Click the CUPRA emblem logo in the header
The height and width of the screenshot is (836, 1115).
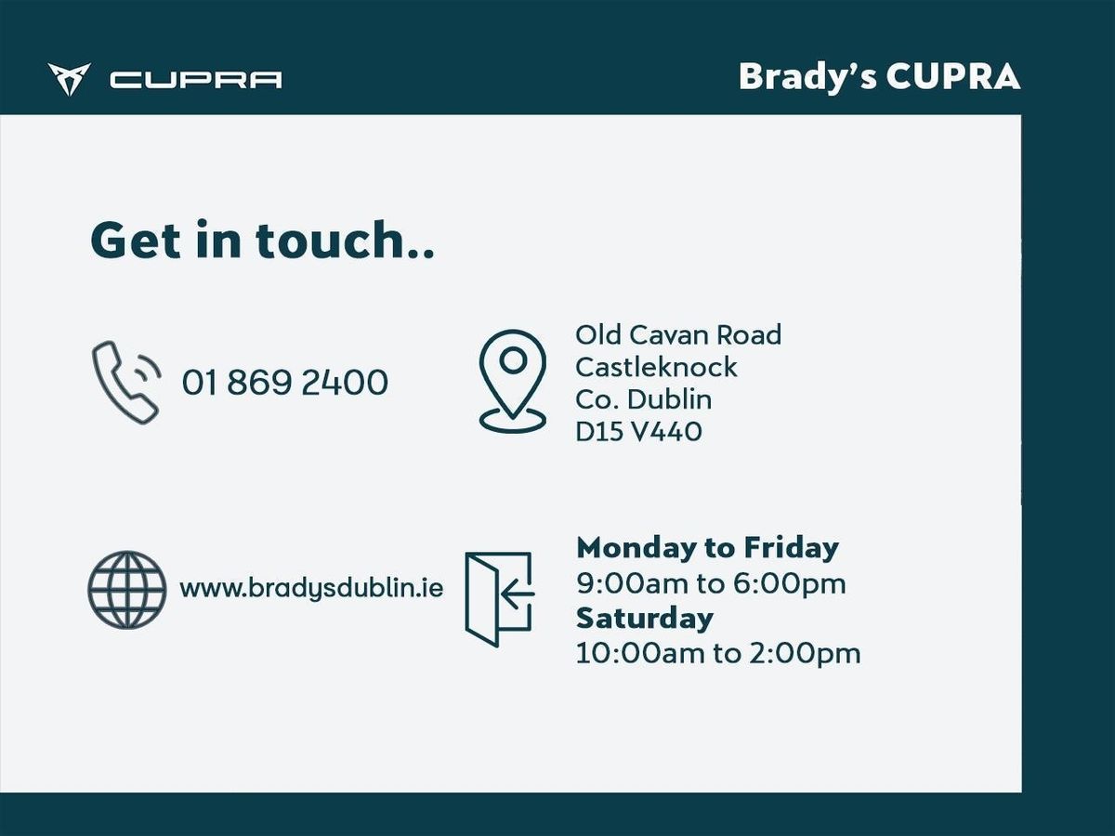click(x=69, y=79)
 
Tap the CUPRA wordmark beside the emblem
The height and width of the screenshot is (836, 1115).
click(x=195, y=80)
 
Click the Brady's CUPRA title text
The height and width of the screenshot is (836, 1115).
click(x=879, y=78)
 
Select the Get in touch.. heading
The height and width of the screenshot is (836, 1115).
click(x=262, y=240)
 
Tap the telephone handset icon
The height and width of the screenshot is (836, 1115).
click(x=126, y=382)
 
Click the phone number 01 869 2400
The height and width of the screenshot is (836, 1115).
click(x=285, y=382)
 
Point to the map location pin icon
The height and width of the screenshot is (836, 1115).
click(x=513, y=381)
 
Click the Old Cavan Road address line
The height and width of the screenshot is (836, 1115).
click(x=678, y=335)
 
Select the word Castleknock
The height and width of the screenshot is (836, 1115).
click(x=656, y=367)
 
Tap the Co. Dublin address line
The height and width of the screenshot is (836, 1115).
click(x=643, y=399)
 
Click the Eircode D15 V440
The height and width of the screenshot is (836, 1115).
click(x=638, y=431)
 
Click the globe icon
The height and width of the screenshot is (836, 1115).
click(x=127, y=590)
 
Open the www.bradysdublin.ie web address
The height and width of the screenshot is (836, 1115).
click(x=311, y=589)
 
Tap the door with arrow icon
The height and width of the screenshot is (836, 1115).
click(x=499, y=599)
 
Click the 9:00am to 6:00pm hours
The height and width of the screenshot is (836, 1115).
click(x=711, y=583)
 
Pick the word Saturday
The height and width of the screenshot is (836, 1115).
click(x=645, y=619)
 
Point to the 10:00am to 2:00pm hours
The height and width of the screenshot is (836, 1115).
click(x=718, y=654)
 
